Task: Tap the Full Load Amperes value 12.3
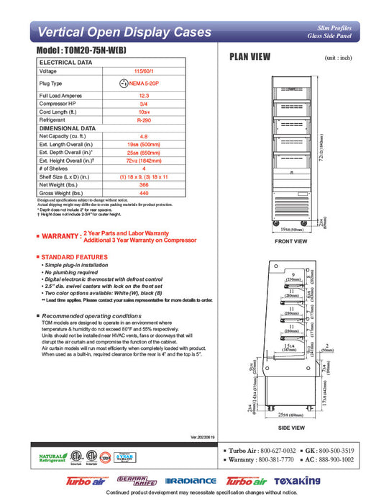click(x=142, y=96)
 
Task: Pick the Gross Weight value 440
click(x=142, y=193)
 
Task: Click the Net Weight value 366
click(x=142, y=185)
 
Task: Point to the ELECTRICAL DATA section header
click(x=65, y=63)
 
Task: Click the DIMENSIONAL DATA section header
click(x=68, y=127)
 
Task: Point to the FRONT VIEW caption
click(x=291, y=241)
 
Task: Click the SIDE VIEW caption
click(x=291, y=428)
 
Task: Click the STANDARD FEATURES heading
click(x=74, y=257)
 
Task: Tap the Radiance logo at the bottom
click(x=191, y=480)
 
